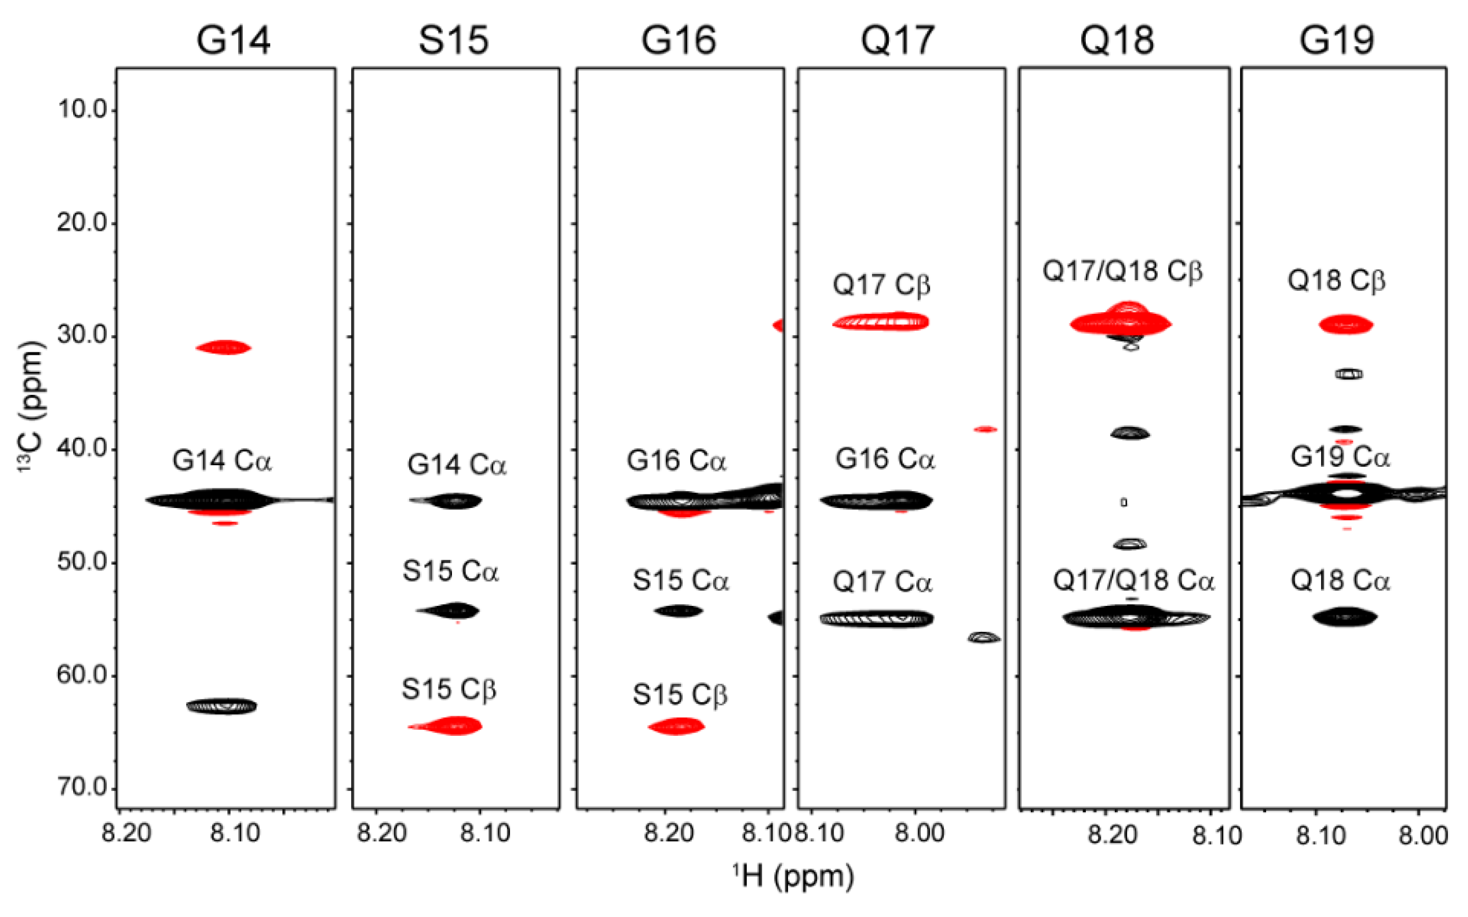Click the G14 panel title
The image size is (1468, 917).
pos(233,40)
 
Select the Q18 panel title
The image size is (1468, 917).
pos(1117,40)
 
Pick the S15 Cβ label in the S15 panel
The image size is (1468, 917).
pos(449,690)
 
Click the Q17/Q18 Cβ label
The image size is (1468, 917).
pos(1122,271)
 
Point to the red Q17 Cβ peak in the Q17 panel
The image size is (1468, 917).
pos(881,321)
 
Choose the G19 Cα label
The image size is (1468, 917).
pos(1340,457)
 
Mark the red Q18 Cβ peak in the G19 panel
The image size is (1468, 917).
pos(1345,325)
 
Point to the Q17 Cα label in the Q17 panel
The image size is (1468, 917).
pos(881,582)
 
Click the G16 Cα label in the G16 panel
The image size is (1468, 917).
pos(677,461)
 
